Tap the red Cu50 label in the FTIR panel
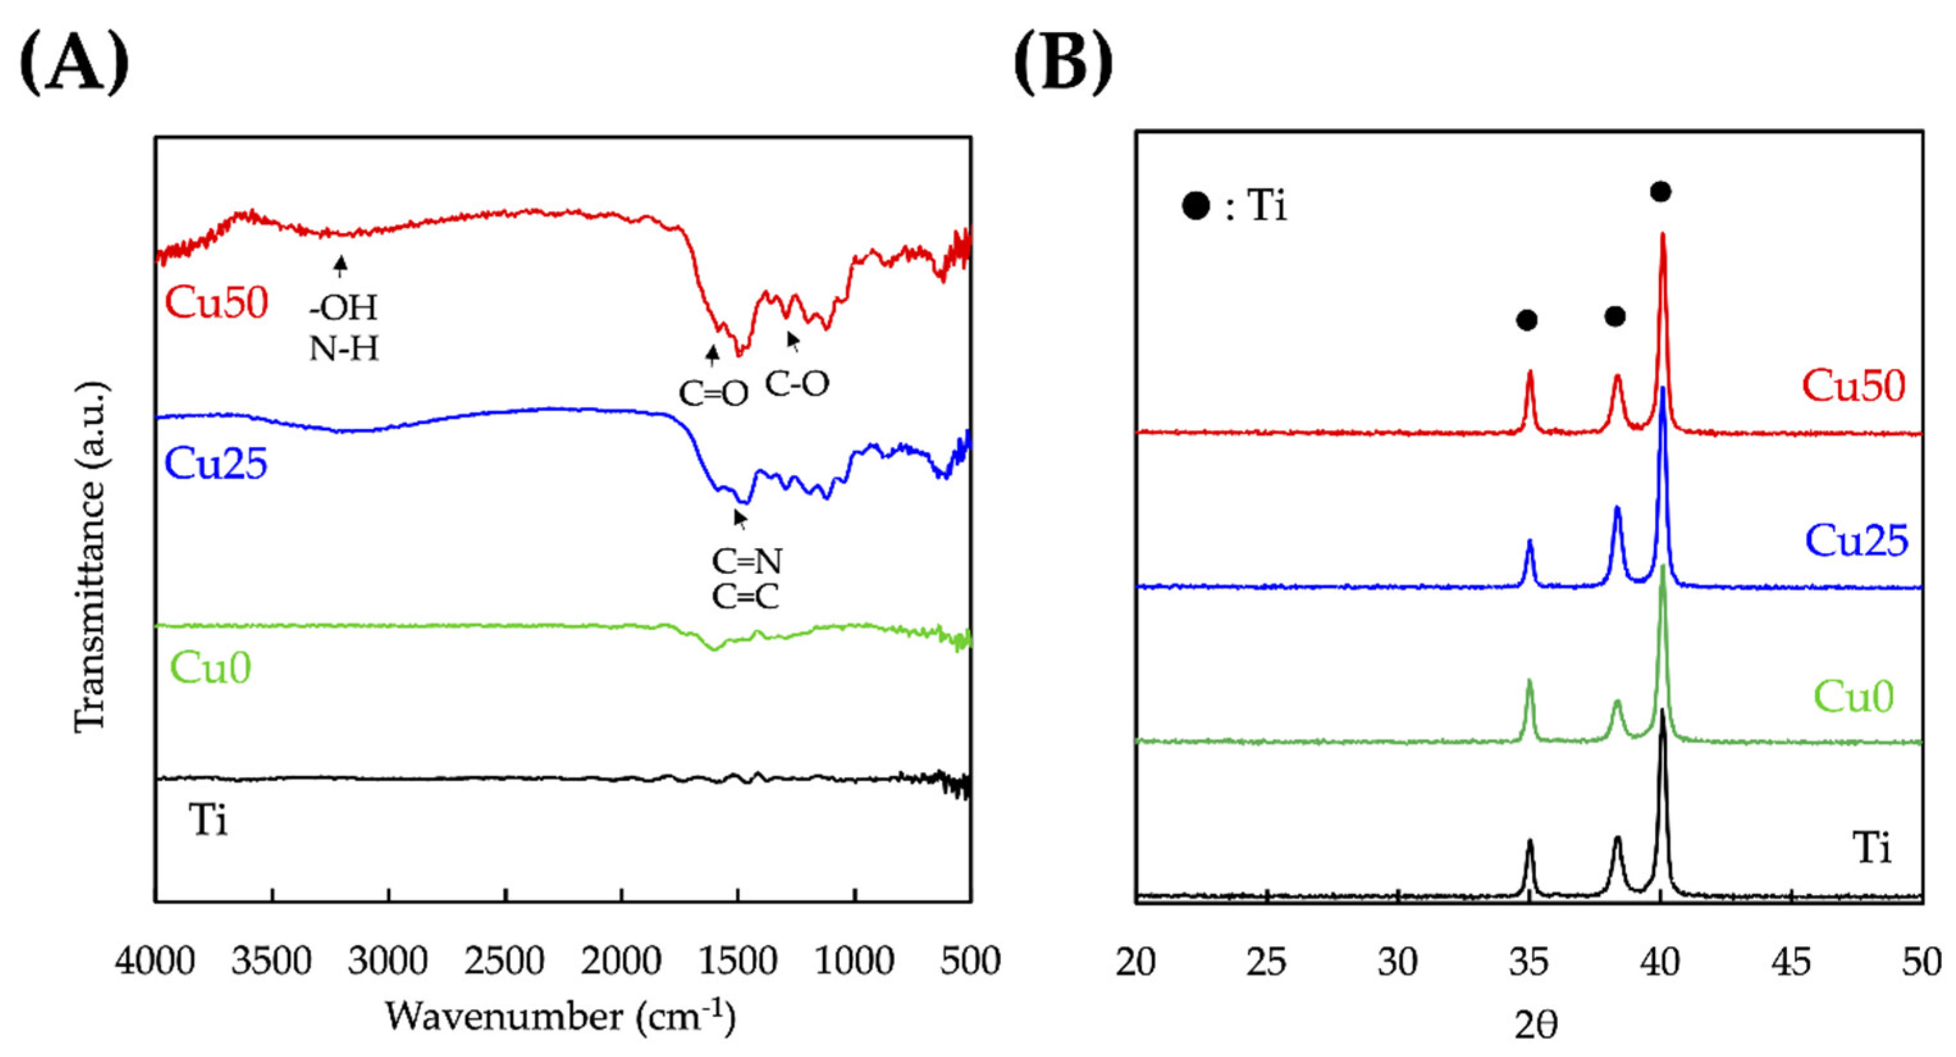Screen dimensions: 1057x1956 216,302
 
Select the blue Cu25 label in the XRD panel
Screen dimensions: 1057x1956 1856,540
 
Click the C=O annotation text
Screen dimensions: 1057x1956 713,393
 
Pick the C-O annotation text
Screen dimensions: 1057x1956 796,385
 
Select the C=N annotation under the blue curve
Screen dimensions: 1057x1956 746,562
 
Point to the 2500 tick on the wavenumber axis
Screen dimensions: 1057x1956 505,962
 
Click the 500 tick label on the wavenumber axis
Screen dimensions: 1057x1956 970,962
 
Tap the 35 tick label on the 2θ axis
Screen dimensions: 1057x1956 1528,962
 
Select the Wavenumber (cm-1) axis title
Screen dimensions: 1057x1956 561,1016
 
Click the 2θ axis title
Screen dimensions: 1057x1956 1535,1025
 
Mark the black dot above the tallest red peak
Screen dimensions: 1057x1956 1661,191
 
